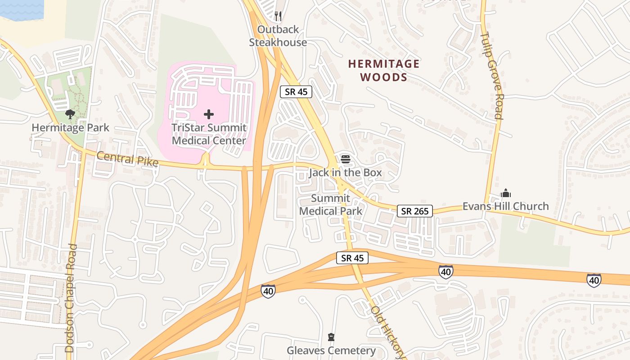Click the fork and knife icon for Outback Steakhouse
click(x=278, y=16)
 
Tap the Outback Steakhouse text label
click(x=278, y=36)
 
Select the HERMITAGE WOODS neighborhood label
click(x=384, y=71)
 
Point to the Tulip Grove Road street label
click(x=491, y=75)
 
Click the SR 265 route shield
click(x=414, y=211)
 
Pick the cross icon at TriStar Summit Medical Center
click(x=209, y=114)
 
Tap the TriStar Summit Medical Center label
click(x=209, y=134)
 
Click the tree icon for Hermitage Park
click(x=70, y=114)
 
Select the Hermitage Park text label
click(x=70, y=128)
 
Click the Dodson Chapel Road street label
click(x=71, y=298)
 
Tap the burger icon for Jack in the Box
click(x=345, y=159)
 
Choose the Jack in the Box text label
click(x=345, y=172)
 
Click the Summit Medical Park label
click(x=331, y=205)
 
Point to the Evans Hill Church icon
click(x=506, y=193)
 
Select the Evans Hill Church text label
click(x=506, y=206)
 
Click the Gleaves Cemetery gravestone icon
click(x=331, y=337)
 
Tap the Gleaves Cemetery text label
click(x=331, y=351)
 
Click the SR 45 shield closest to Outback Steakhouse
click(x=296, y=92)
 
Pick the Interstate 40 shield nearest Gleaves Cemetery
click(x=268, y=291)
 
